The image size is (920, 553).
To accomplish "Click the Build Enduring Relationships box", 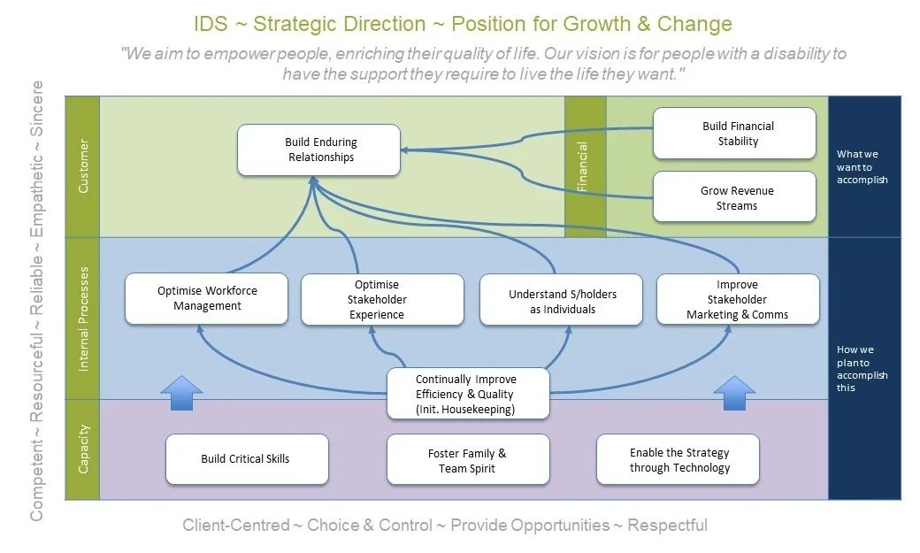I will pos(319,150).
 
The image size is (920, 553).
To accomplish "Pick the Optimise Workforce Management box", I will pos(207,299).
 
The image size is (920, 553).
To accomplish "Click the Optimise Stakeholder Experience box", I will pos(382,300).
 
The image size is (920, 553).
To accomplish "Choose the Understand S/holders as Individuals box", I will pos(562,301).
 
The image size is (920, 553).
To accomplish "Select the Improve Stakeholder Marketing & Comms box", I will pos(737,300).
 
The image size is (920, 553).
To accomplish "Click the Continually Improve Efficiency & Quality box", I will pos(467,394).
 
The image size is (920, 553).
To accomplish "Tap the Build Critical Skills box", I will pos(246,459).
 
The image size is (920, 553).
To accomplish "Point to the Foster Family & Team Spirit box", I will pos(468,460).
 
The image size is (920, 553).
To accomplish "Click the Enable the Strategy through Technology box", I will pos(678,460).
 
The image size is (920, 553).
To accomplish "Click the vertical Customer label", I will pos(83,165).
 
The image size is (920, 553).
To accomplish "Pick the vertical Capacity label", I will pos(83,450).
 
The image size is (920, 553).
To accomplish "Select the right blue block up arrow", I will pos(733,392).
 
